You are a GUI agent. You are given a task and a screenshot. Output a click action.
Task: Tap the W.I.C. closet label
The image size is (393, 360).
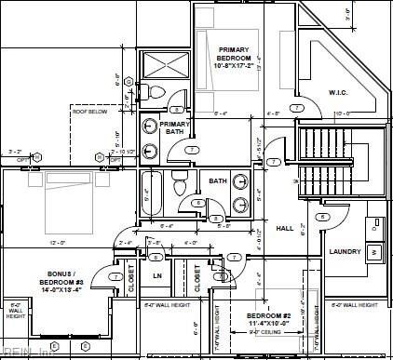(x=337, y=92)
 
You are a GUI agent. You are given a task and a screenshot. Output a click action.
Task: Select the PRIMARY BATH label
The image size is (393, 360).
(x=174, y=128)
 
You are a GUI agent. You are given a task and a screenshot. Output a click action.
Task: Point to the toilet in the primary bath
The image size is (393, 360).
(x=156, y=90)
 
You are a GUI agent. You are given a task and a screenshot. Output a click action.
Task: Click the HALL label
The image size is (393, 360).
(x=284, y=228)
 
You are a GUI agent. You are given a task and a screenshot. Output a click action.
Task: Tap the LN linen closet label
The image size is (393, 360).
(x=156, y=275)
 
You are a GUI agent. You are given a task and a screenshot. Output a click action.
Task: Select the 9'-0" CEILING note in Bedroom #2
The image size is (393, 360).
(x=268, y=331)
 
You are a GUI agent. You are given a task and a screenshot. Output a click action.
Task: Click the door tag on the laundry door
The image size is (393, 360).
(x=322, y=217)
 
